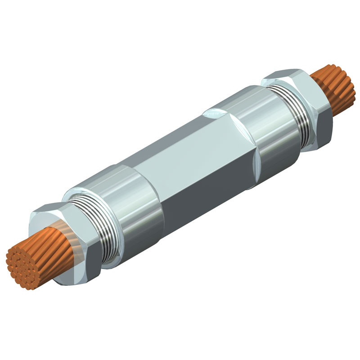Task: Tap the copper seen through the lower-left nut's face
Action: [61, 234]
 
